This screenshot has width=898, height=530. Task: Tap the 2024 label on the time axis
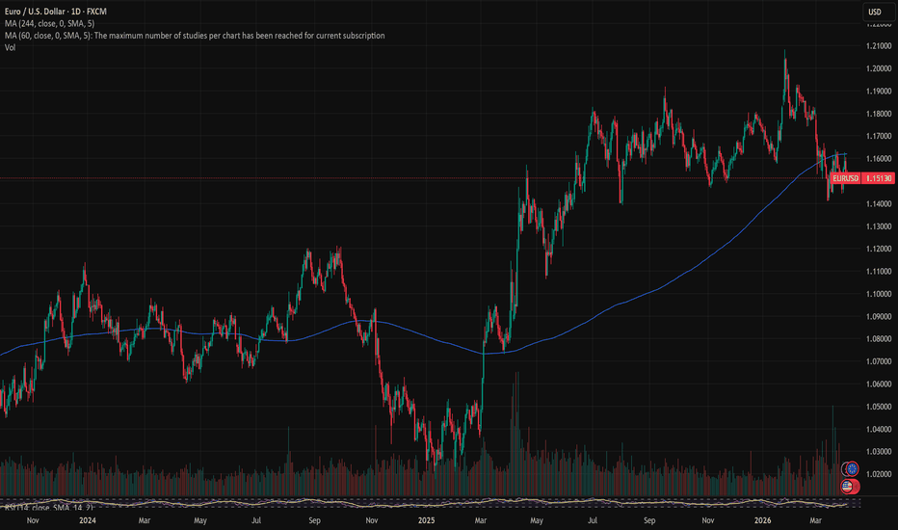coord(88,520)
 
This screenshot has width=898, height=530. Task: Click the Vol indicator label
coord(10,47)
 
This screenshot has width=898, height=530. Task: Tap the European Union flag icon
coord(850,468)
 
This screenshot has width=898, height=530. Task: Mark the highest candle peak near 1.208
coord(784,50)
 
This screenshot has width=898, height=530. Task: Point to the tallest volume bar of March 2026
coord(832,409)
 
